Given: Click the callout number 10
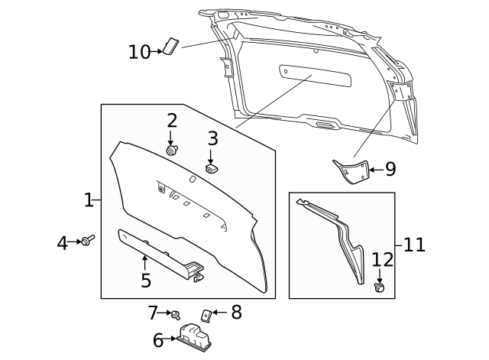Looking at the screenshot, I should (x=139, y=52).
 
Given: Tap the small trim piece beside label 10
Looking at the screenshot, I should (x=171, y=47).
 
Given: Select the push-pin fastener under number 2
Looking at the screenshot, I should (x=172, y=150).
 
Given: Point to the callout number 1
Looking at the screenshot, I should (x=88, y=200).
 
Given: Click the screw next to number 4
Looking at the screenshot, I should (x=89, y=242).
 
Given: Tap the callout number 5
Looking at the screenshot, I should (x=145, y=281).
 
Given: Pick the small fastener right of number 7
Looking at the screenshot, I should (x=175, y=314).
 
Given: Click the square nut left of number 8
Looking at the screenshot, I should (x=206, y=313).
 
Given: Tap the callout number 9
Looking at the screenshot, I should (x=390, y=169).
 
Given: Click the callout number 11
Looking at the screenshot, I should (x=413, y=245).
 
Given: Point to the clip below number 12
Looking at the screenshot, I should (x=379, y=287).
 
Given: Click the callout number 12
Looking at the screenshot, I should (x=382, y=259).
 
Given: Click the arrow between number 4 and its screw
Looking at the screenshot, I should (x=75, y=242).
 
